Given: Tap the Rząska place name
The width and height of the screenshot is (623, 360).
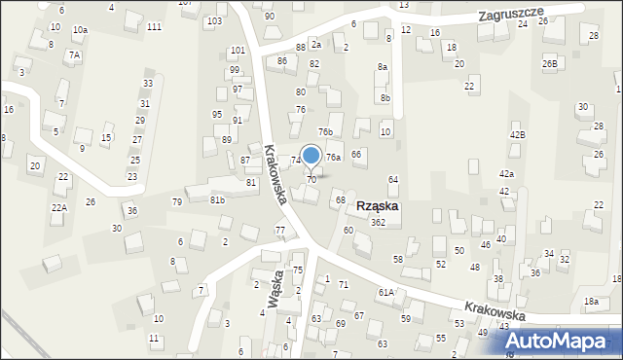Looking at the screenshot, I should click(377, 206).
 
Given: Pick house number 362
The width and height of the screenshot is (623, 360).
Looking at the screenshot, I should click(378, 223).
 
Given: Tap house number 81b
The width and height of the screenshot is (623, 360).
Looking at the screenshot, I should click(217, 200).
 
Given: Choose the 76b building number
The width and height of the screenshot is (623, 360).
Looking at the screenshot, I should click(325, 132).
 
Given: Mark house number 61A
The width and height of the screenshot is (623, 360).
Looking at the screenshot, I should click(385, 292).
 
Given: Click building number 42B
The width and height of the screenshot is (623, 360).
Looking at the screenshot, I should click(517, 135).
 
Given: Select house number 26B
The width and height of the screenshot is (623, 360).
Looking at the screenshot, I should click(550, 63).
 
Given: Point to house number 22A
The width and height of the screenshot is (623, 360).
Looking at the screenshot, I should click(59, 208).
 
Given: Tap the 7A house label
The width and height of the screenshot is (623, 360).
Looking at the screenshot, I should click(74, 55).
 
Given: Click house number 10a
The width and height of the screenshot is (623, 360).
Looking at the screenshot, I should click(80, 30).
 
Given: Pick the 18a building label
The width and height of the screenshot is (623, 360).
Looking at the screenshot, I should click(590, 302).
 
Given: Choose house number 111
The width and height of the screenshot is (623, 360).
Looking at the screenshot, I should click(154, 26).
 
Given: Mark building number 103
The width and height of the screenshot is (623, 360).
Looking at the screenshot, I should click(214, 20).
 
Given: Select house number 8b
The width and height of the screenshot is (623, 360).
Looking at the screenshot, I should click(385, 97).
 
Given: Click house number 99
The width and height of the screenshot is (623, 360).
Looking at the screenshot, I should click(235, 70).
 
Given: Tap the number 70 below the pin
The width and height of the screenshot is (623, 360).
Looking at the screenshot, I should click(311, 180).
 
